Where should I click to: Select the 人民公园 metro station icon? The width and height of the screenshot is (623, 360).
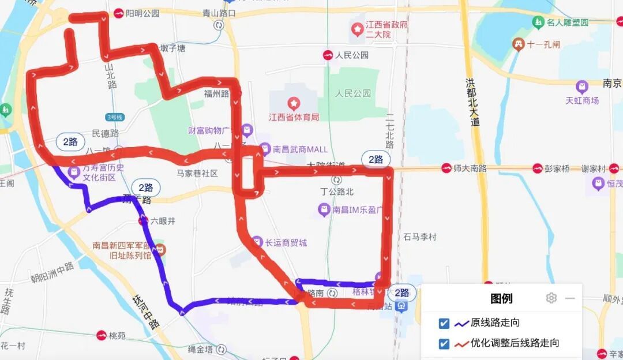tap(328, 55)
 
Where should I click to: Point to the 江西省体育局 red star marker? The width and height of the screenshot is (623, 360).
tap(294, 104)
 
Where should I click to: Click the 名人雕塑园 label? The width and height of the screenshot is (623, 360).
tap(568, 22)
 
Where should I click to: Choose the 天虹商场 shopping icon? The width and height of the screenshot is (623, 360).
tap(582, 87)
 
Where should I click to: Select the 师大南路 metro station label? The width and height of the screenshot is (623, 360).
tap(470, 168)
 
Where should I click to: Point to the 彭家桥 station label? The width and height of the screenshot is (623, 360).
tap(558, 168)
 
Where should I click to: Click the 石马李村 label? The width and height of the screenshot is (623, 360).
tap(420, 237)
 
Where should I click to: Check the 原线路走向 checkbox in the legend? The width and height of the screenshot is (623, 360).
tap(444, 323)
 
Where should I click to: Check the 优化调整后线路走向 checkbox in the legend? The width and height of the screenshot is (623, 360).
tap(444, 343)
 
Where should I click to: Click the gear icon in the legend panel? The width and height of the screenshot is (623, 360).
tap(551, 298)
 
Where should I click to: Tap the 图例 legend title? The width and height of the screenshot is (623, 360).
tap(501, 298)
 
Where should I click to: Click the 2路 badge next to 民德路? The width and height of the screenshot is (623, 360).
tap(70, 141)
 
